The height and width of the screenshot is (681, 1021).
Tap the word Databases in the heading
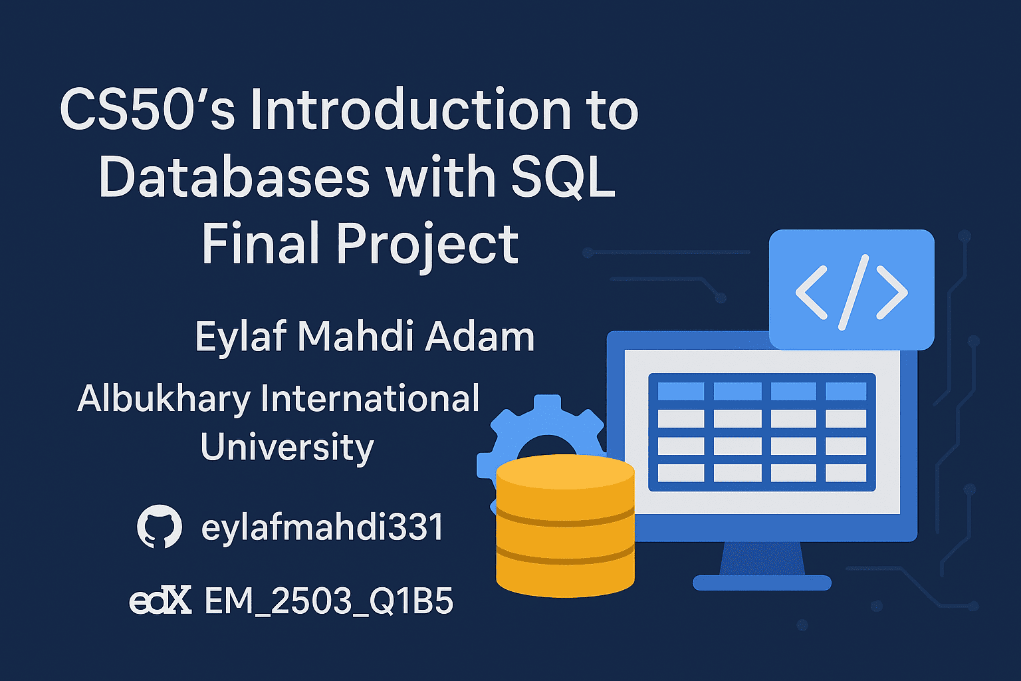pos(234,176)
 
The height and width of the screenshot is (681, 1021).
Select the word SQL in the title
pos(564,177)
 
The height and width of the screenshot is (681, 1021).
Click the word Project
pos(427,245)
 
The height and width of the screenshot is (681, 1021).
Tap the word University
pos(287,448)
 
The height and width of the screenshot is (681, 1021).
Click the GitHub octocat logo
pos(160,526)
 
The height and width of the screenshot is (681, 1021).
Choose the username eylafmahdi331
pos(322,527)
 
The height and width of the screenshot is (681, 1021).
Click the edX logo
pos(160,600)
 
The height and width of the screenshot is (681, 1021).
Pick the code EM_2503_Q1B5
pos(329,601)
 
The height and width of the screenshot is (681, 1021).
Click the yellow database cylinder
pos(565,526)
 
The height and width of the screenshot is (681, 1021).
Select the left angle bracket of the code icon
pos(812,293)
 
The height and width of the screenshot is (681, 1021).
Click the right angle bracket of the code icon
pos(893,293)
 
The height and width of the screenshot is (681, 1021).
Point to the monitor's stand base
pos(762,583)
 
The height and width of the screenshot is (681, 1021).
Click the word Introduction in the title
pos(411,110)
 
